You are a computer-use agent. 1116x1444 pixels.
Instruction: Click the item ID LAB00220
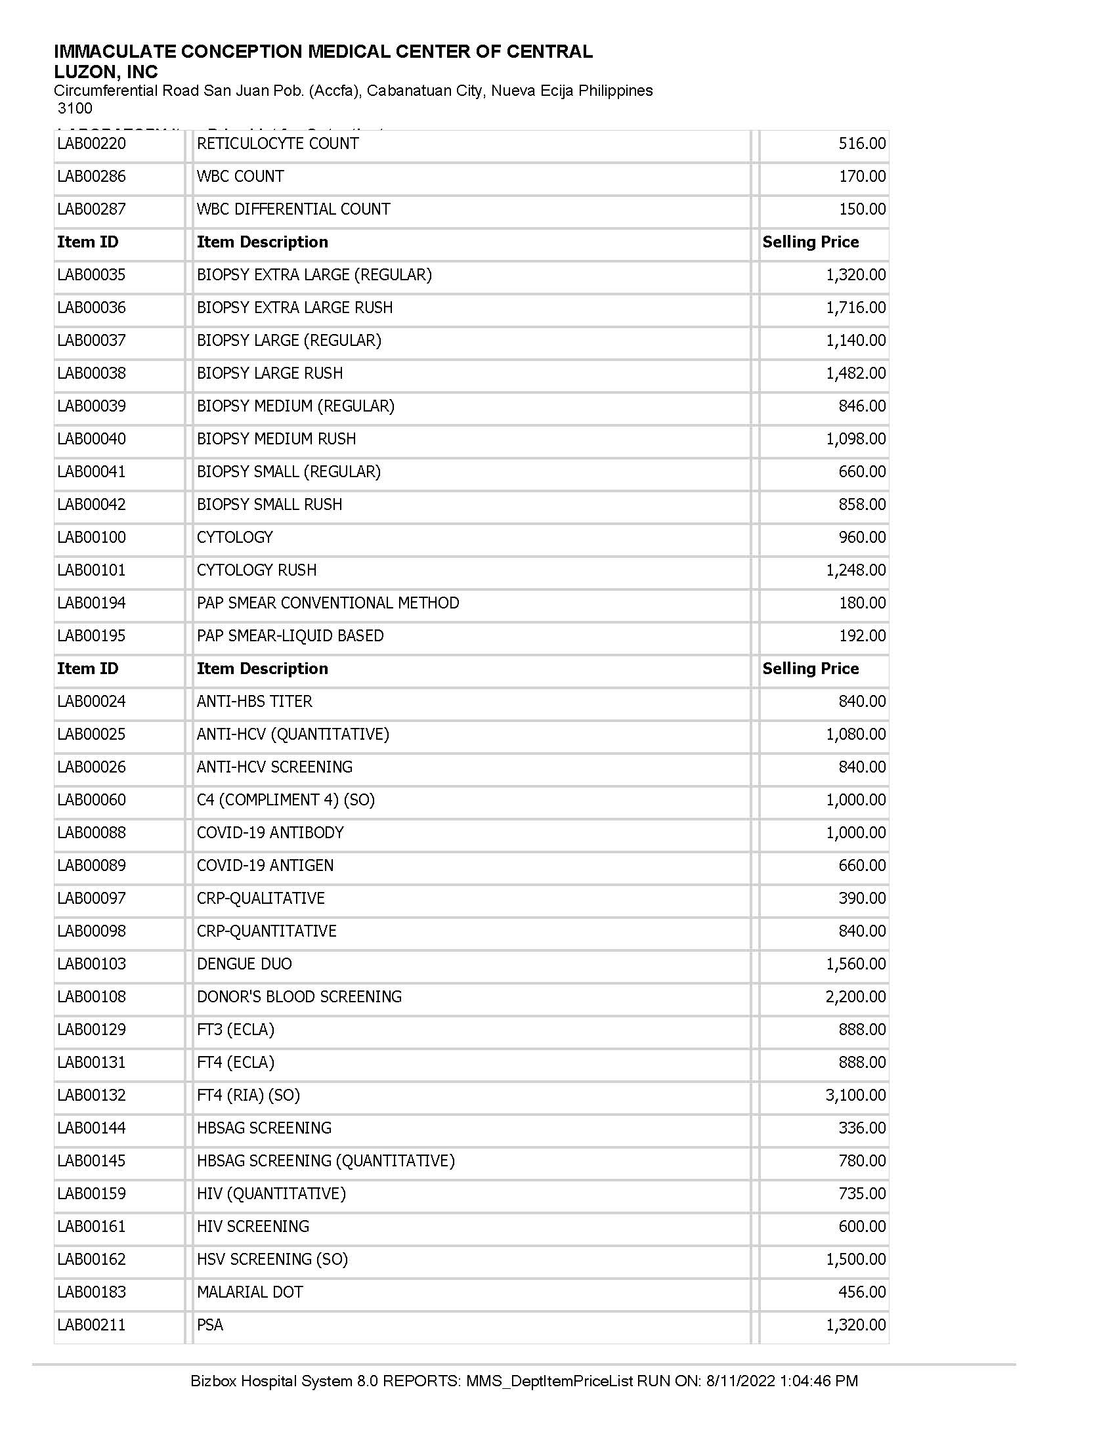(91, 144)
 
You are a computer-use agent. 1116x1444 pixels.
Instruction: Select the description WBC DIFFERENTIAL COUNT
(293, 209)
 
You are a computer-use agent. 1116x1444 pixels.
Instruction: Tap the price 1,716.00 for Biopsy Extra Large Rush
(855, 307)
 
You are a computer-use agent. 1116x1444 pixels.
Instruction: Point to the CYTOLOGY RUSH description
(257, 570)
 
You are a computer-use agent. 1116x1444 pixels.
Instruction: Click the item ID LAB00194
(91, 603)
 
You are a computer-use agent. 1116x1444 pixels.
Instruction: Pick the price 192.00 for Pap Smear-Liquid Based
(862, 635)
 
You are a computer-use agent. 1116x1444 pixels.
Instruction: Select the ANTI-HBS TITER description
(254, 701)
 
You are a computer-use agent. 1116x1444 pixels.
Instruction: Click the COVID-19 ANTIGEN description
(265, 865)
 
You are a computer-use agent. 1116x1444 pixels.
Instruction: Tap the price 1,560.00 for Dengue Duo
(855, 964)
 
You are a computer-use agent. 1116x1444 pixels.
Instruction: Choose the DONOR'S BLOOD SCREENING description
(299, 996)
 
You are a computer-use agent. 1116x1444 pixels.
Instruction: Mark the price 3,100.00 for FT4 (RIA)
(855, 1095)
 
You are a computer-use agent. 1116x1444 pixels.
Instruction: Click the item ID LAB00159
(91, 1193)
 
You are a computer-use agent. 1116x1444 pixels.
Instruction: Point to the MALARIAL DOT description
(250, 1292)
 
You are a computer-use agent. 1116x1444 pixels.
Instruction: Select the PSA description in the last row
(210, 1325)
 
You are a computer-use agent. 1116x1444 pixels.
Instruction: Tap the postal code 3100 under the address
(75, 108)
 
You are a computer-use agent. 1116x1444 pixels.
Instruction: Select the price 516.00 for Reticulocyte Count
(862, 144)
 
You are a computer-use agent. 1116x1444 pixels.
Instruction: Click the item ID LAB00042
(91, 505)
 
